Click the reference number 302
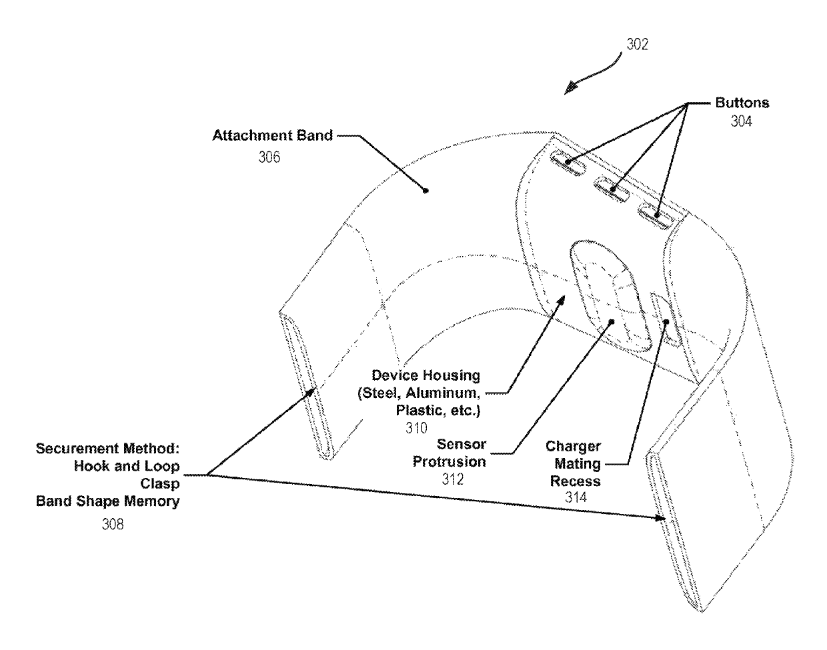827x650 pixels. tap(637, 44)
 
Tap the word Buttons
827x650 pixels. tap(742, 103)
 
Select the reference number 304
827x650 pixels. tap(742, 121)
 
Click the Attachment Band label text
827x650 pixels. tap(272, 136)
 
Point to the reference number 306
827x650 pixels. tap(269, 158)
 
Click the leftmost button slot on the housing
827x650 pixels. tap(568, 162)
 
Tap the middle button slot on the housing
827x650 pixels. tap(612, 189)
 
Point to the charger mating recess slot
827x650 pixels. tap(666, 319)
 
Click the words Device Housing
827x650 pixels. tap(426, 376)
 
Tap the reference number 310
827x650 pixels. tap(416, 428)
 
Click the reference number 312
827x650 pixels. tap(453, 479)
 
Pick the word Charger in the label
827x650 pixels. tap(573, 447)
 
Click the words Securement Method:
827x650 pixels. tap(108, 449)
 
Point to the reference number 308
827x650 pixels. tap(112, 525)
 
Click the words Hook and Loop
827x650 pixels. tap(127, 466)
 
